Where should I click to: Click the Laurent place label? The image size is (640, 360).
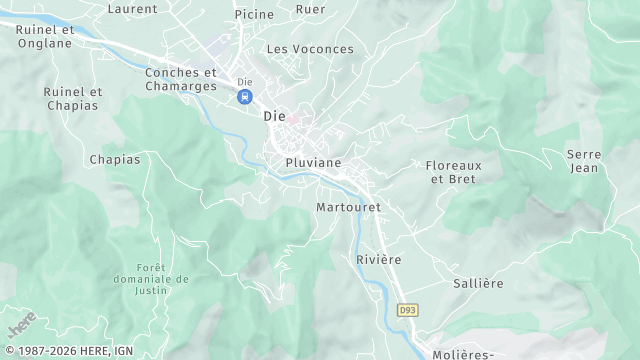[x=132, y=9]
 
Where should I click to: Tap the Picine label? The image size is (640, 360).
[x=254, y=15]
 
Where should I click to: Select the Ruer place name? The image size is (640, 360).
[x=310, y=9]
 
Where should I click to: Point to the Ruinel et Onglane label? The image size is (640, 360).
[x=45, y=36]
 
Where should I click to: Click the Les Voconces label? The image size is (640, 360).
[x=310, y=49]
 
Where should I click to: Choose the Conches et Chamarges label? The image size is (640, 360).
[x=181, y=79]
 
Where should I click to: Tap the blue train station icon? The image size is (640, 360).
[x=244, y=97]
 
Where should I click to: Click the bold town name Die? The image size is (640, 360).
[x=274, y=116]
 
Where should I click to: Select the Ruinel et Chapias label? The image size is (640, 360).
[x=72, y=98]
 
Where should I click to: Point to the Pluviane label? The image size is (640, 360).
[x=313, y=162]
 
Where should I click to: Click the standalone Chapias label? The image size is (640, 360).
[x=115, y=159]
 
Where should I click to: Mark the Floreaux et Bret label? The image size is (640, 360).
[x=453, y=172]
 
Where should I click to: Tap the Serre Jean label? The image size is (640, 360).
[x=583, y=161]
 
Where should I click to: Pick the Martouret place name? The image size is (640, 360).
[x=348, y=207]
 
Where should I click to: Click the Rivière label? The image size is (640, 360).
[x=378, y=259]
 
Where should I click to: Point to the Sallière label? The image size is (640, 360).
[x=478, y=283]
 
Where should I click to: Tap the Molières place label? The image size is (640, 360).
[x=465, y=354]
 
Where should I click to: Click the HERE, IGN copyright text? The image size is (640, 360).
[x=67, y=351]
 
